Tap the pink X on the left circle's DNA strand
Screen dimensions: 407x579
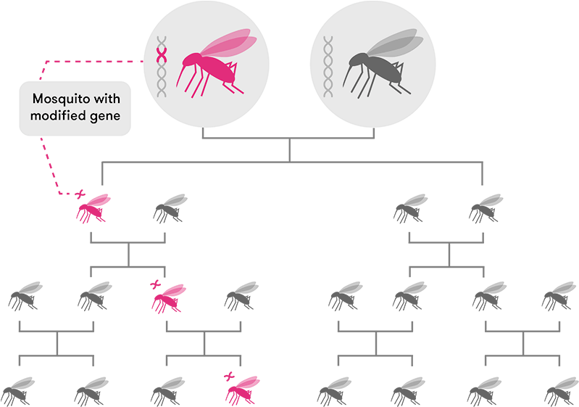[163, 54]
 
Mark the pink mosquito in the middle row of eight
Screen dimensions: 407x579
[170, 296]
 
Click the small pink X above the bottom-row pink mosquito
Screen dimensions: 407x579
[230, 376]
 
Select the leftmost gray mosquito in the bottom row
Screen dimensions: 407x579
[20, 390]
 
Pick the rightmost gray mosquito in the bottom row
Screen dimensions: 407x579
[559, 390]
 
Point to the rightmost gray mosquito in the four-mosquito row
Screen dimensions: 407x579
[486, 207]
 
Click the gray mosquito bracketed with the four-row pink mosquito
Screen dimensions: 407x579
[170, 207]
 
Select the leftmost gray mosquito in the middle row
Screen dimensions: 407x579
[24, 296]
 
